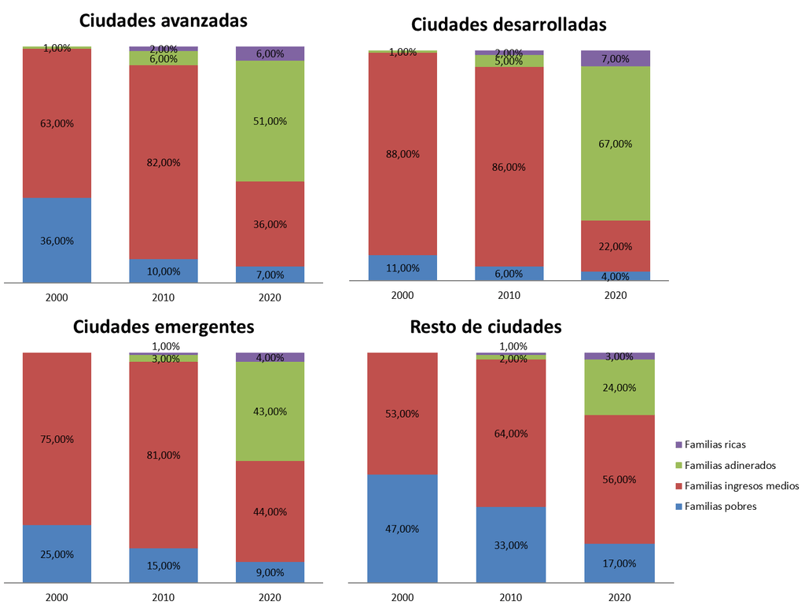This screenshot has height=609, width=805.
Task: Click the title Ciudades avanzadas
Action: (x=164, y=20)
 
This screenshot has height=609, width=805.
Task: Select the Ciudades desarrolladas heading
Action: (x=509, y=24)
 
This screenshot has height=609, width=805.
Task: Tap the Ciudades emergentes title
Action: (x=164, y=327)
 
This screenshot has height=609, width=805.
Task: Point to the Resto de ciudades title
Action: (x=486, y=327)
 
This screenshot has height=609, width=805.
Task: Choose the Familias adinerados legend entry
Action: (x=730, y=465)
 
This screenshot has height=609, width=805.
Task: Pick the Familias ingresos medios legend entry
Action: (x=741, y=485)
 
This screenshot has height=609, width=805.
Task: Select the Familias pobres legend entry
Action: (x=720, y=506)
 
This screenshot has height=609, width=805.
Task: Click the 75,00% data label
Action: (x=57, y=439)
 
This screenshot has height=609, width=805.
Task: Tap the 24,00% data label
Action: (x=619, y=387)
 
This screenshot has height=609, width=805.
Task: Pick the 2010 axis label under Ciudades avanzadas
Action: (x=164, y=297)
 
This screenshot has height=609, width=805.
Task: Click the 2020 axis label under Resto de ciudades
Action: (x=619, y=598)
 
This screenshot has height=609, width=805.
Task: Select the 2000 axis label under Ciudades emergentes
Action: (x=57, y=598)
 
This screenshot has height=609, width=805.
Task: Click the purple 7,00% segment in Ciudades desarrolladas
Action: (x=616, y=58)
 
